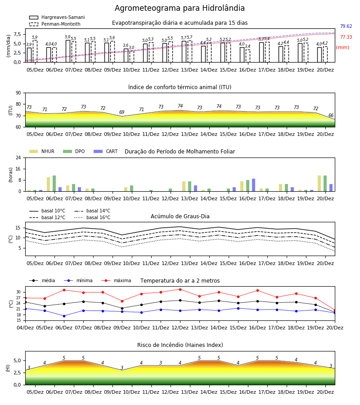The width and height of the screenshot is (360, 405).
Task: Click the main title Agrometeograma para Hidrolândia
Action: click(x=180, y=8)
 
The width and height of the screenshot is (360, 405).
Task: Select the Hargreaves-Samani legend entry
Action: click(x=57, y=17)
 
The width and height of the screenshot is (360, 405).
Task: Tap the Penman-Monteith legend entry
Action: click(x=55, y=24)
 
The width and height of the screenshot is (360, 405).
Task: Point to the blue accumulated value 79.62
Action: click(x=346, y=27)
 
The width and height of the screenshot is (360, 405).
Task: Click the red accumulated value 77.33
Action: click(x=346, y=37)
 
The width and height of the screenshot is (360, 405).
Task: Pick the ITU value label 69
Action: click(x=121, y=112)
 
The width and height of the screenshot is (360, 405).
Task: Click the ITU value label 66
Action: click(x=331, y=116)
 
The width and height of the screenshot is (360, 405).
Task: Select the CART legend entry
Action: click(x=106, y=151)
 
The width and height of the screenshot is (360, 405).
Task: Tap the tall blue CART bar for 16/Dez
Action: click(x=254, y=185)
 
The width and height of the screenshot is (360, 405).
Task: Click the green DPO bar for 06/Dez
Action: click(x=54, y=184)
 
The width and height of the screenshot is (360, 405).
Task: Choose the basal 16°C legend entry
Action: click(x=92, y=217)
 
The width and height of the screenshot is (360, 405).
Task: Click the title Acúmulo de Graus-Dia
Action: click(x=180, y=216)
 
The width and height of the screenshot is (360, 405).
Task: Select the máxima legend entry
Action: click(x=116, y=280)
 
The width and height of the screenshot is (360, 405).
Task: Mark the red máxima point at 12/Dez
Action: click(x=180, y=289)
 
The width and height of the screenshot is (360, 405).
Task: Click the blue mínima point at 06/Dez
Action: click(x=64, y=316)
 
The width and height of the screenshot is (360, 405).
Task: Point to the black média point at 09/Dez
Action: click(x=122, y=308)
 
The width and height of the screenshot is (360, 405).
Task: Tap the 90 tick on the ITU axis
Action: click(x=18, y=93)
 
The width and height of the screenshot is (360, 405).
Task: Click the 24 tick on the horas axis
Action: click(x=18, y=158)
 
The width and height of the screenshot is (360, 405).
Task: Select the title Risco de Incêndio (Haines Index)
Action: click(x=180, y=345)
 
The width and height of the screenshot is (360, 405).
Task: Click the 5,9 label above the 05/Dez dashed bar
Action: click(x=35, y=37)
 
